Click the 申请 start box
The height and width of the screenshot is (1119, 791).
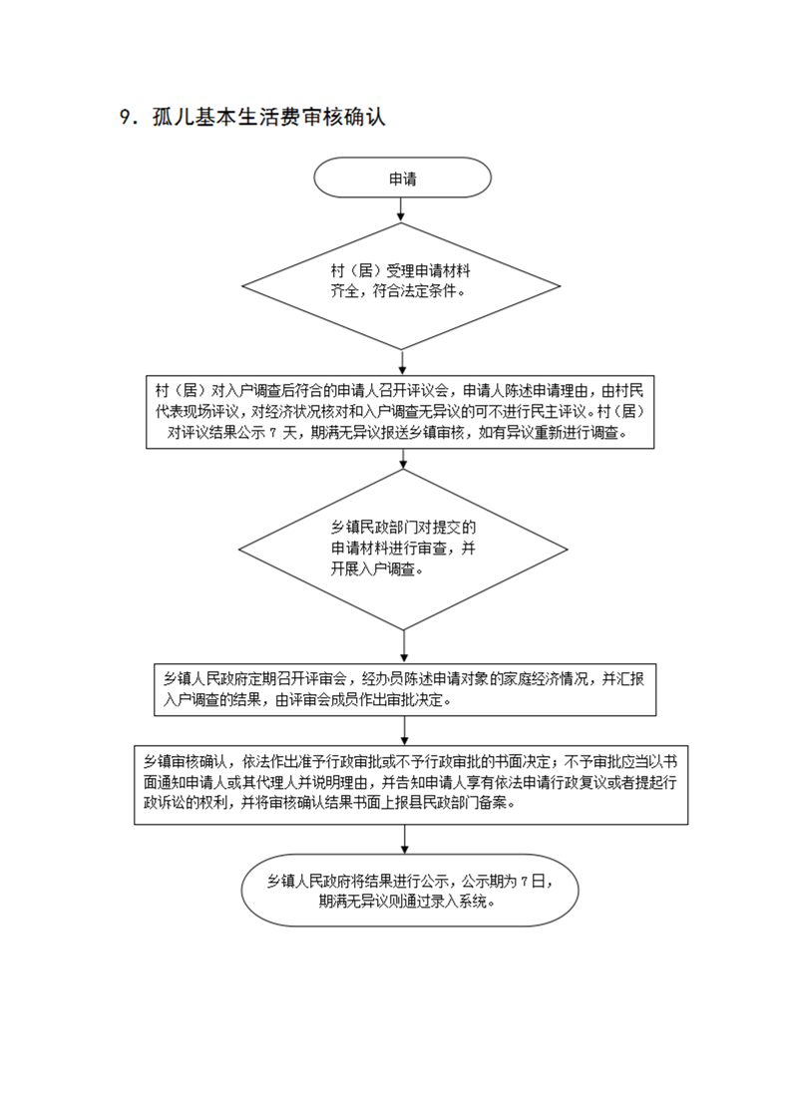tap(403, 178)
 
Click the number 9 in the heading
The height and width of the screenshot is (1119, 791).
tap(126, 117)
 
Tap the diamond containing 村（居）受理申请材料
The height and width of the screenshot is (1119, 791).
tap(401, 286)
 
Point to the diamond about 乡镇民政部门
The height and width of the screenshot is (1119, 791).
tap(403, 550)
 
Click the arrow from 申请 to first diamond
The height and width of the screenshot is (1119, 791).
tap(401, 209)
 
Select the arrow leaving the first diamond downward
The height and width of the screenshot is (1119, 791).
tap(402, 363)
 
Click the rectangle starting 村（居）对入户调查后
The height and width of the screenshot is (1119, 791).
tap(400, 412)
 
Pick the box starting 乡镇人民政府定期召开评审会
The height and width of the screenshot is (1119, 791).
tap(405, 689)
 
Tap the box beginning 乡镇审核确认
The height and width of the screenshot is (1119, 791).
tap(411, 785)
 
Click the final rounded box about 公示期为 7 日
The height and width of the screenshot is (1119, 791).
tap(410, 891)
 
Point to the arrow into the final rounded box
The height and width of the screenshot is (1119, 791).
tap(405, 840)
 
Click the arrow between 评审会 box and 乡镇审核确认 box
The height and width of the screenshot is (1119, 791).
tap(405, 731)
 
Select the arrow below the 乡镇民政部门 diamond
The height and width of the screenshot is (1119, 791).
tap(404, 647)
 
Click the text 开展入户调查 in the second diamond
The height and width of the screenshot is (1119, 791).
tap(373, 569)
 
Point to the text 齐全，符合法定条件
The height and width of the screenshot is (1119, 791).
tap(397, 291)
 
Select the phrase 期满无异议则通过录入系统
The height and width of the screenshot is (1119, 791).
tap(406, 902)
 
